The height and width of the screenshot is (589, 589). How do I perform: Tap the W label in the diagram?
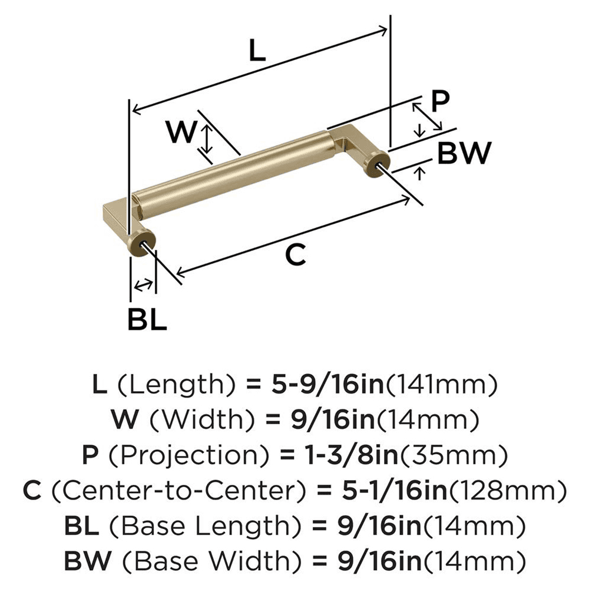[x=180, y=133]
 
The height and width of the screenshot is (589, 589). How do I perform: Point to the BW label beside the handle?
[x=464, y=154]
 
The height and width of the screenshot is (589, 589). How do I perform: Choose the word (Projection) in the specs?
[x=167, y=455]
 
